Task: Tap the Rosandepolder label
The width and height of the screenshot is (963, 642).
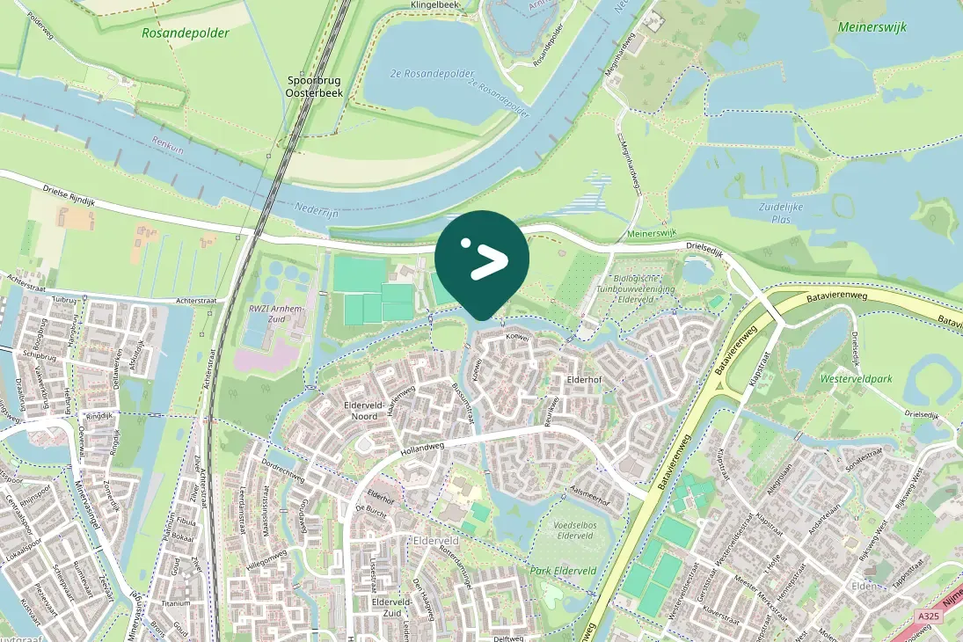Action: coord(185,33)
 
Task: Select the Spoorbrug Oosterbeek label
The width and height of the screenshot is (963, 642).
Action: coord(314,84)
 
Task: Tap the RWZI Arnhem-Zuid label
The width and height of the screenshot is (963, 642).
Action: coord(276,314)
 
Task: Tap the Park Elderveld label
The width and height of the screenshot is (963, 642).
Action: coord(563,571)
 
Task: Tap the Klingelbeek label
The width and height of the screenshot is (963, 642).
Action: coord(435,5)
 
